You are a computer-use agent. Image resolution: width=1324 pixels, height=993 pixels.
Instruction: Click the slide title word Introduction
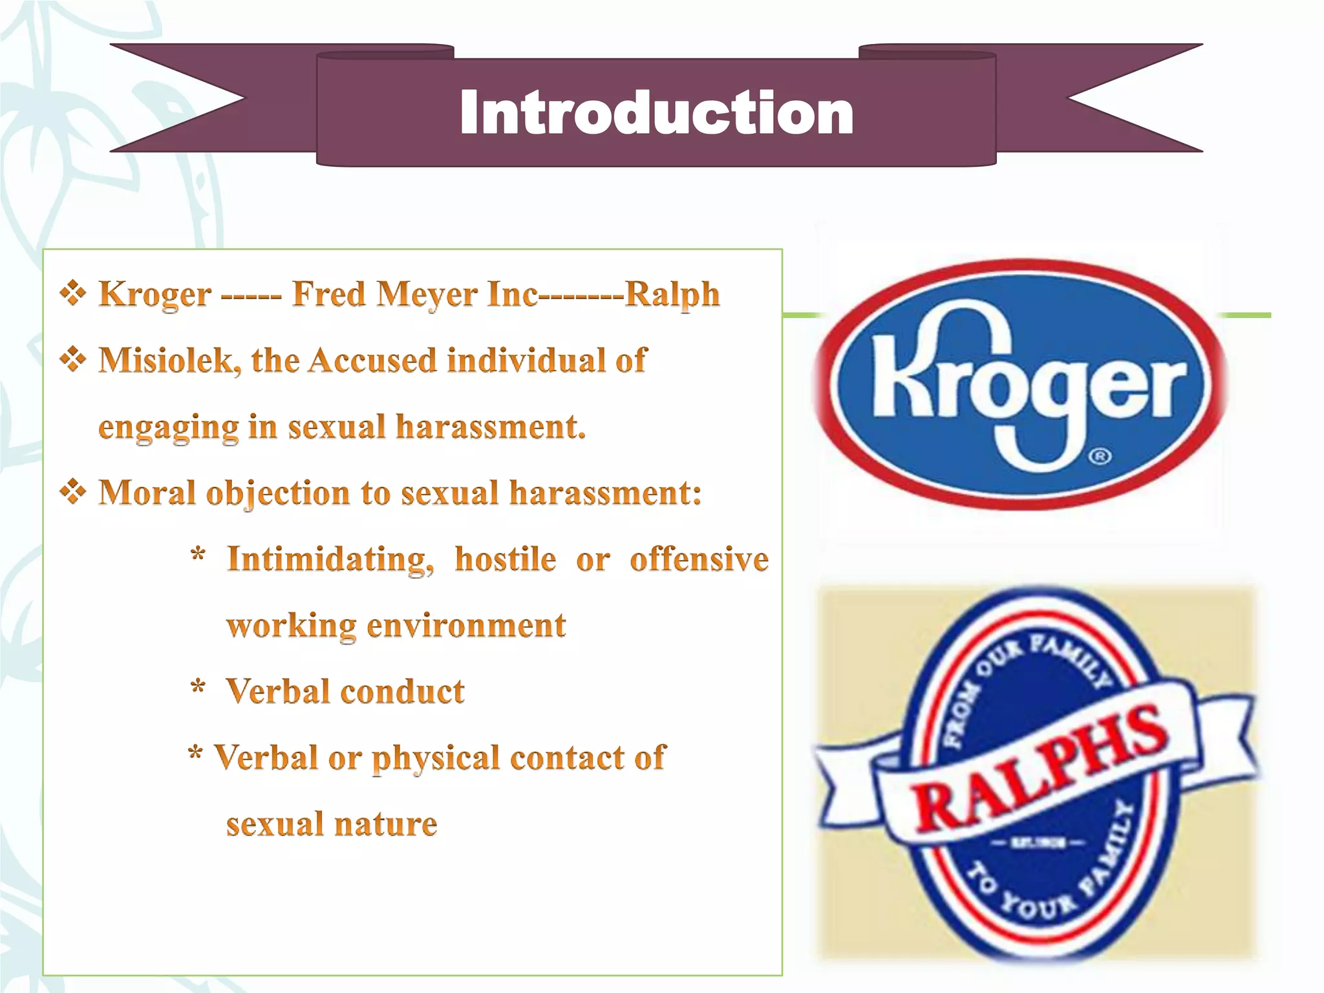[x=656, y=113]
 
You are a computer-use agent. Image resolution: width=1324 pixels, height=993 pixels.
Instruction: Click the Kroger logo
[x=1020, y=384]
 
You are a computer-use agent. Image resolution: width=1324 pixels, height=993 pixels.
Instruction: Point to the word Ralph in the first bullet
[x=672, y=295]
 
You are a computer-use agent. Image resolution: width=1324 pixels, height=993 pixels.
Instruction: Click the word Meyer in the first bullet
[x=427, y=294]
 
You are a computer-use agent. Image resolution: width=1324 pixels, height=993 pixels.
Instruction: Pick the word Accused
[x=373, y=360]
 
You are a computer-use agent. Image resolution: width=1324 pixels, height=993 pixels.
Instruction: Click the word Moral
[x=147, y=493]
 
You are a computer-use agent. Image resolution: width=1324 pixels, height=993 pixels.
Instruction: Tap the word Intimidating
[x=330, y=559]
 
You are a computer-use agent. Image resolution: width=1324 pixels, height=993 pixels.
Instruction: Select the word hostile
[x=505, y=559]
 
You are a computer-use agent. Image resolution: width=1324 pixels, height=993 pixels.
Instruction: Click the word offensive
[x=699, y=559]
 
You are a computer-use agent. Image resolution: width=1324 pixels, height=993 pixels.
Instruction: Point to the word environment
[x=466, y=626]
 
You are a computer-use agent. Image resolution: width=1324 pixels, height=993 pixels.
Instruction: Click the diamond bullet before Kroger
[x=73, y=294]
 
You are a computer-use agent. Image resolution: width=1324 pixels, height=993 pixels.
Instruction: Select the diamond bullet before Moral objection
[x=73, y=492]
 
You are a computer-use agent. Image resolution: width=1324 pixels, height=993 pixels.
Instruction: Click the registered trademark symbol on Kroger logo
[x=1100, y=457]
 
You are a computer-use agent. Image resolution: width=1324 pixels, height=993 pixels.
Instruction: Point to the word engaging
[x=168, y=428]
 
